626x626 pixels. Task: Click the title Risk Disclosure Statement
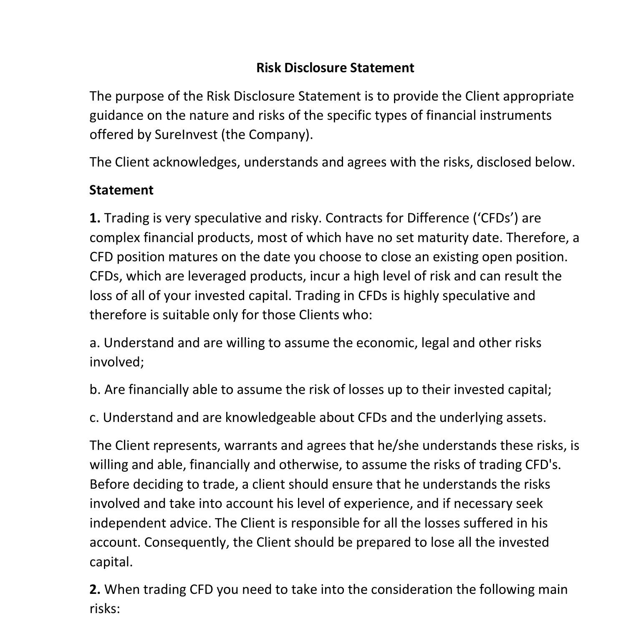[335, 68]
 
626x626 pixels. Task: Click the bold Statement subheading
[121, 190]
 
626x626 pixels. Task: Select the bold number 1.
[95, 218]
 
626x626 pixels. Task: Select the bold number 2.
[95, 589]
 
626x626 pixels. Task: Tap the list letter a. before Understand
[95, 343]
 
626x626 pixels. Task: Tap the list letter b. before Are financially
[95, 389]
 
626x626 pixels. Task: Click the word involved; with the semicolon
[117, 362]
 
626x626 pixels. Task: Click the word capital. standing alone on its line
[111, 562]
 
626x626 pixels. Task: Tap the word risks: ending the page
[105, 609]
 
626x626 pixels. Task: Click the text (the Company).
[267, 134]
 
